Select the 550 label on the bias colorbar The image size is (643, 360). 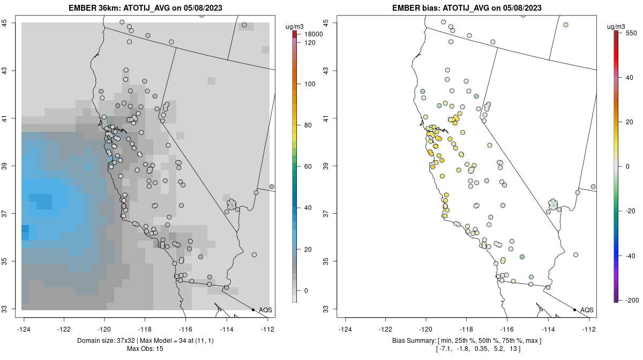coord(631,33)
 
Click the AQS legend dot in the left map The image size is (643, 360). coord(253,310)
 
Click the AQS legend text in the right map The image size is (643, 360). coord(587,310)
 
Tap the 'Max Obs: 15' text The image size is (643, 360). coord(145,349)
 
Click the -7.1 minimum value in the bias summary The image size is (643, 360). coord(445,349)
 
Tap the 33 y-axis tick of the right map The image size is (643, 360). coord(325,309)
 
